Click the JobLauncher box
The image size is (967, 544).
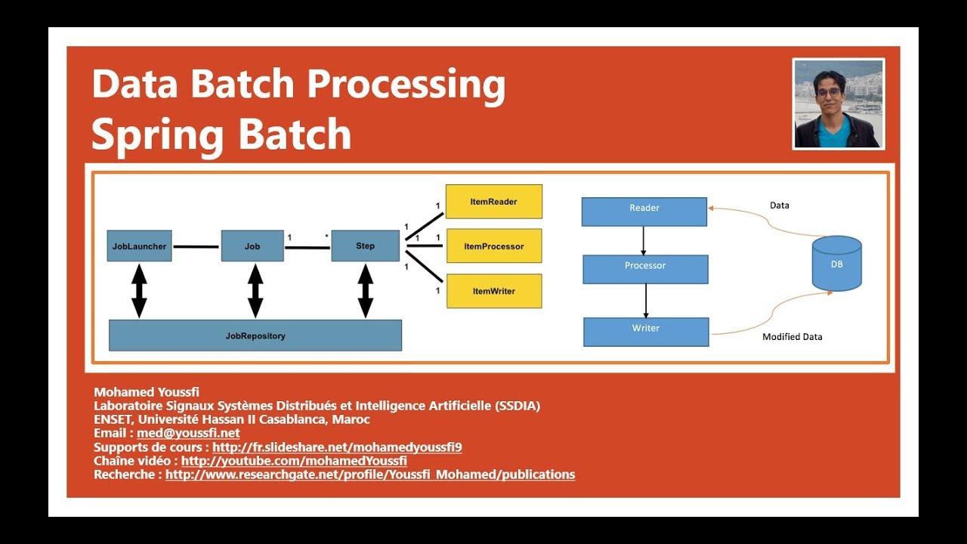click(x=139, y=246)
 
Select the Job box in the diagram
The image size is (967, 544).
click(x=252, y=246)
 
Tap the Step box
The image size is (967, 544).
click(x=365, y=246)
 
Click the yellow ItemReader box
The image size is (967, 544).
click(x=493, y=202)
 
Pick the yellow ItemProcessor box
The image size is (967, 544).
click(x=493, y=246)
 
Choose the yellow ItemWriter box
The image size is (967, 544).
click(x=493, y=291)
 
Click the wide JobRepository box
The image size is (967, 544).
click(x=255, y=335)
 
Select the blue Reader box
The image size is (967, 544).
click(x=644, y=212)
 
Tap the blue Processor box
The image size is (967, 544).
click(x=645, y=269)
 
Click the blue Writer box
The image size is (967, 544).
click(x=646, y=332)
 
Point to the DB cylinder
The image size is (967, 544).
click(x=836, y=264)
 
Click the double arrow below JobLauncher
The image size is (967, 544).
click(x=139, y=291)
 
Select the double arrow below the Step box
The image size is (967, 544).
click(x=366, y=291)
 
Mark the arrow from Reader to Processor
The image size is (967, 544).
click(x=644, y=240)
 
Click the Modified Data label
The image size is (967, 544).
click(x=792, y=337)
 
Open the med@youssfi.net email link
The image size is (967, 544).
click(x=188, y=433)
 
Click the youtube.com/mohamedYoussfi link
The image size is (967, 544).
click(x=294, y=461)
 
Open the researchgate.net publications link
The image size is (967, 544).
click(x=370, y=474)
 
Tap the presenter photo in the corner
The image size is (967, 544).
click(x=838, y=104)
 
